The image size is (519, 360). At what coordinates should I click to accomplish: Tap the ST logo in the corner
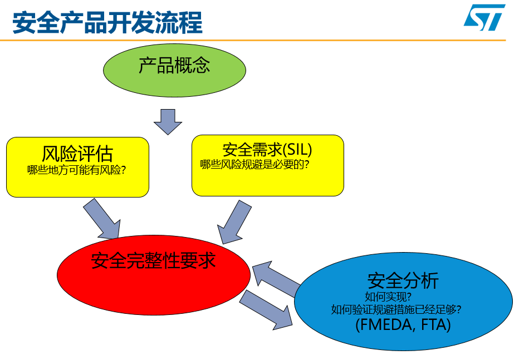pyautogui.click(x=484, y=17)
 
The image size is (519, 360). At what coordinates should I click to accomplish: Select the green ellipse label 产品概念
pyautogui.click(x=174, y=66)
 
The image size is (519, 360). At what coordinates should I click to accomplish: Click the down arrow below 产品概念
pyautogui.click(x=168, y=122)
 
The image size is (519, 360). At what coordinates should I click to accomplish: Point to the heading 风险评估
pyautogui.click(x=77, y=154)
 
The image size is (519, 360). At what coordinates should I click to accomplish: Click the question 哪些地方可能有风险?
pyautogui.click(x=76, y=170)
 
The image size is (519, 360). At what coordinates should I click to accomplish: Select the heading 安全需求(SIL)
pyautogui.click(x=267, y=150)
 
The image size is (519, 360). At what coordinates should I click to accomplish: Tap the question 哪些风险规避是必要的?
pyautogui.click(x=254, y=164)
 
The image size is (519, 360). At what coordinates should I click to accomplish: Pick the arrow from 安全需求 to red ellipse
pyautogui.click(x=234, y=222)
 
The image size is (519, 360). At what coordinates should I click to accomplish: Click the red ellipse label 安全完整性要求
pyautogui.click(x=153, y=261)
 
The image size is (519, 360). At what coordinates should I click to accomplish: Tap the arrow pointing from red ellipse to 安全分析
pyautogui.click(x=266, y=310)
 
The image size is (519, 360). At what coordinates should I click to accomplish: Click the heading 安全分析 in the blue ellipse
pyautogui.click(x=403, y=280)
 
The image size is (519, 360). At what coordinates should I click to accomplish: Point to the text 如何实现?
pyautogui.click(x=388, y=297)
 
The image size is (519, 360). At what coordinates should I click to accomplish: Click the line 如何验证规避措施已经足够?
pyautogui.click(x=396, y=310)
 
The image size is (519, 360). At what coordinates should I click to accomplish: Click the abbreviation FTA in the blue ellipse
pyautogui.click(x=433, y=324)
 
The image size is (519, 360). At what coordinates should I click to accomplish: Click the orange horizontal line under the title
pyautogui.click(x=253, y=40)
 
